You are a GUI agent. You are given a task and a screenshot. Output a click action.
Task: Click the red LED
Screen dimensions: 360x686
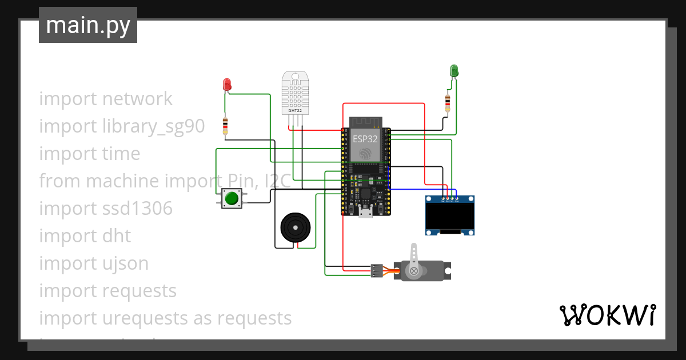click(226, 85)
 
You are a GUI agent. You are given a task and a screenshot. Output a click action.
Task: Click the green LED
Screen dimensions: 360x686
click(454, 70)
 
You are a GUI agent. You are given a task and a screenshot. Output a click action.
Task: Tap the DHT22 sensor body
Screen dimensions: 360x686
click(295, 94)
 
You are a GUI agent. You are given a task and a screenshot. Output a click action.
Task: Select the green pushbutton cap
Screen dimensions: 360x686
click(232, 198)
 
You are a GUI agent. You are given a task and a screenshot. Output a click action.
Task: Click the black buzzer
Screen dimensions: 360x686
click(296, 227)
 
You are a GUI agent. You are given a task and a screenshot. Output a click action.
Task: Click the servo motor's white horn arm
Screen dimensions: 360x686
click(414, 257)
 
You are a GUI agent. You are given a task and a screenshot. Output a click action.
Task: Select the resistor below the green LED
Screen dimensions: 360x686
click(447, 103)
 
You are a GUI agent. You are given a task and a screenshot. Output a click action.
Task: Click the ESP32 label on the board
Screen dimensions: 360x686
click(365, 139)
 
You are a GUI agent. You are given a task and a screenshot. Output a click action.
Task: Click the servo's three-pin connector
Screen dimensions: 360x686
click(376, 270)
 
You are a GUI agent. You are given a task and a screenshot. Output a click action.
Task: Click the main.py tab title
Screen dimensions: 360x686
click(88, 25)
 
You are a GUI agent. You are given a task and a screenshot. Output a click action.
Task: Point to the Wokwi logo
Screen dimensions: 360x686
click(607, 315)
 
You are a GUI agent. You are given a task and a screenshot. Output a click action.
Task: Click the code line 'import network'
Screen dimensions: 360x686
click(106, 99)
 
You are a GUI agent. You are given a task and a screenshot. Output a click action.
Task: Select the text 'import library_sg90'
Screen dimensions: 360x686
click(122, 126)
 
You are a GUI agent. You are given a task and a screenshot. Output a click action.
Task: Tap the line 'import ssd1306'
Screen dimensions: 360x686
click(106, 209)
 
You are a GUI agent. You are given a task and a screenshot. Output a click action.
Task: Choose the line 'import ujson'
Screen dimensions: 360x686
click(94, 263)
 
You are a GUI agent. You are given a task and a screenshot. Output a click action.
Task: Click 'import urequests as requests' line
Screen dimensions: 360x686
click(165, 318)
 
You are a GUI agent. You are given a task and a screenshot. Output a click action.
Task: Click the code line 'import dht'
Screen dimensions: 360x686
click(85, 236)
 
